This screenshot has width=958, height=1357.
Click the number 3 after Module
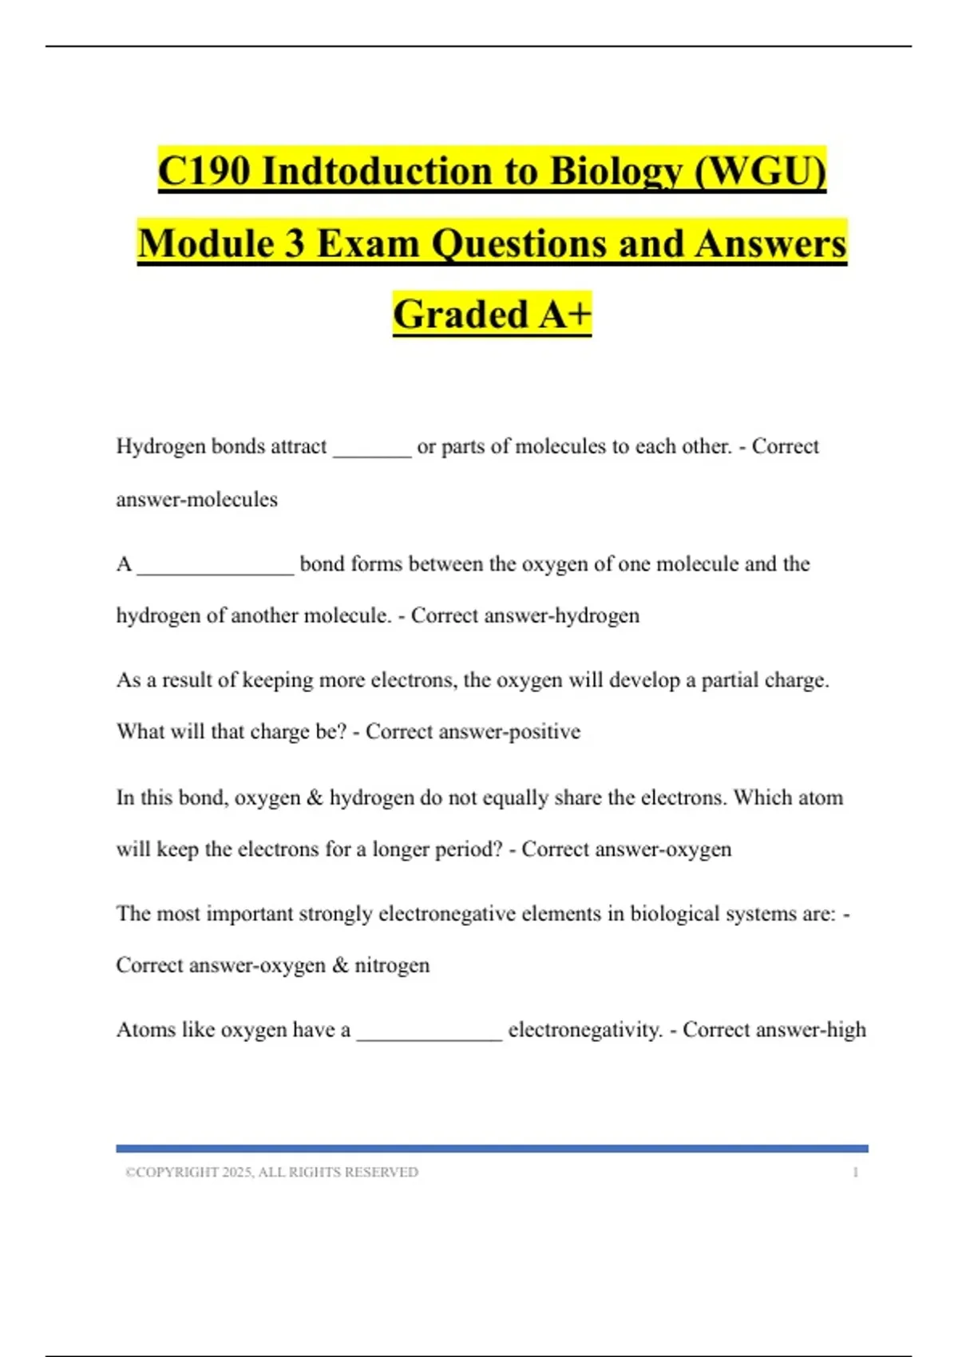[x=294, y=243]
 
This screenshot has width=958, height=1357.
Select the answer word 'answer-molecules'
[x=197, y=500]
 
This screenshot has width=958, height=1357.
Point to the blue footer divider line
[x=492, y=1149]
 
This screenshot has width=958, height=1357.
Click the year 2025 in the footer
[x=237, y=1173]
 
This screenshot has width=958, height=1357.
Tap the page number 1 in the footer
[x=856, y=1173]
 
